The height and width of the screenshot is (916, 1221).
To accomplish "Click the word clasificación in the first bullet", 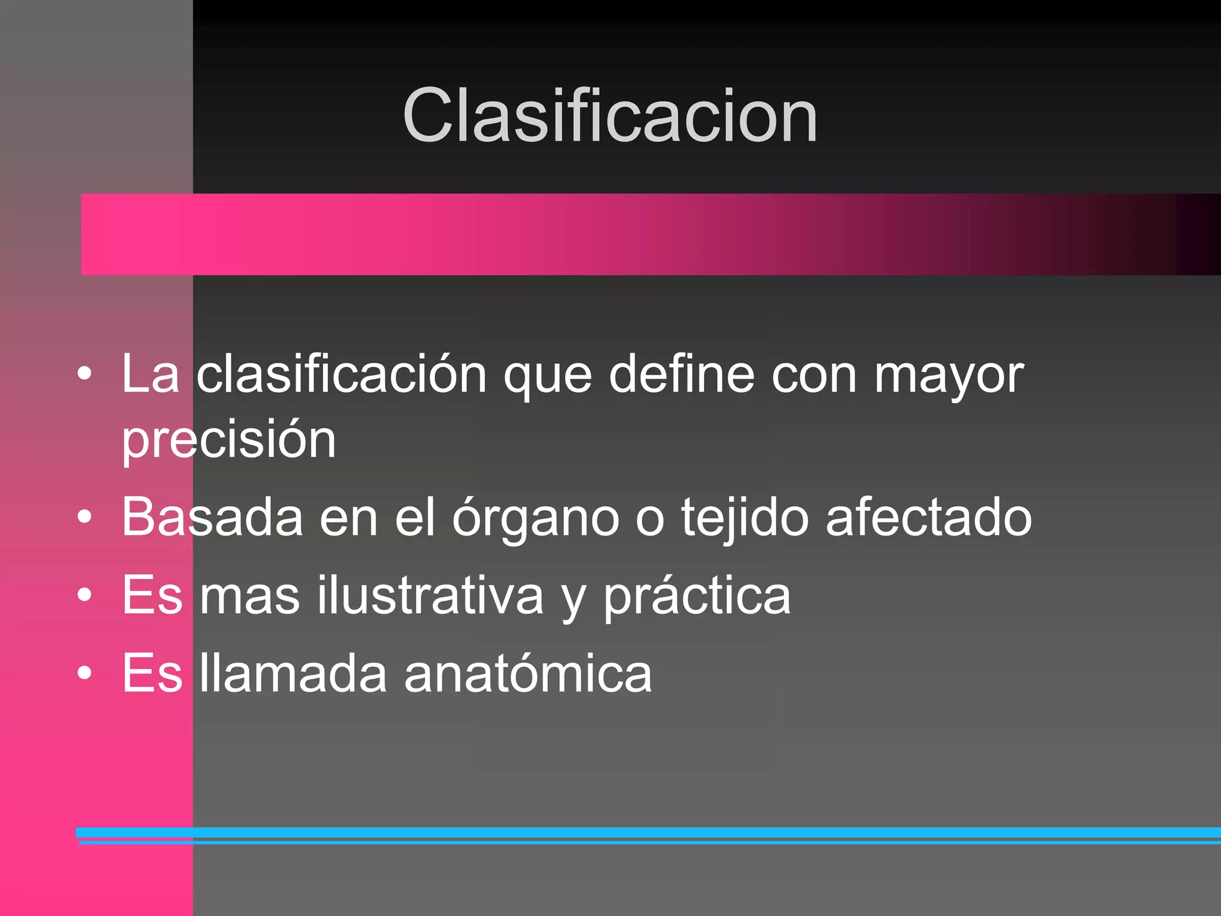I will click(x=342, y=375).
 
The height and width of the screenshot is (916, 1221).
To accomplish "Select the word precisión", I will click(x=229, y=440).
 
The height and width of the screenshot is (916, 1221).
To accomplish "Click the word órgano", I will click(x=535, y=518).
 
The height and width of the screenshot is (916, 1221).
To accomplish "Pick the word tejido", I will click(x=745, y=518).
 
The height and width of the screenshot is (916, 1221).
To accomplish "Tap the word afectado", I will click(x=928, y=516).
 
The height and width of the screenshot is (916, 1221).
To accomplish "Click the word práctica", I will click(x=696, y=596).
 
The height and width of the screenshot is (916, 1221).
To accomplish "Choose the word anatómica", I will click(x=528, y=673).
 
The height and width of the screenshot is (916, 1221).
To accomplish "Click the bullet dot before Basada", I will click(x=85, y=517).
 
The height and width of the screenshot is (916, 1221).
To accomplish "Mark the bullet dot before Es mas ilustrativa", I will click(x=85, y=595).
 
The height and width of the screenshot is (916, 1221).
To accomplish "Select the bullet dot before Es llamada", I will click(x=85, y=673).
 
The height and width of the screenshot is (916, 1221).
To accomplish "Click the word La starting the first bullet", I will click(x=150, y=374).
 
